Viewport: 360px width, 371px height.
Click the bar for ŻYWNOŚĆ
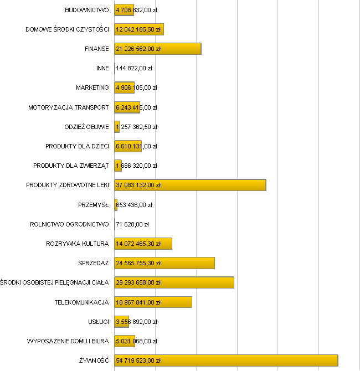coord(226,360)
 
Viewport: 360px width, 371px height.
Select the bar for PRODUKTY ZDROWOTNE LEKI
coord(190,185)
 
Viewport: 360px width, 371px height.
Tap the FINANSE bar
coord(158,49)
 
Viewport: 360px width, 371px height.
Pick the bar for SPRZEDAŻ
coord(164,263)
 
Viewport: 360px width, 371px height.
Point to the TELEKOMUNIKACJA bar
coord(153,302)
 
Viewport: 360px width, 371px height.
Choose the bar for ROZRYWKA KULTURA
coord(143,244)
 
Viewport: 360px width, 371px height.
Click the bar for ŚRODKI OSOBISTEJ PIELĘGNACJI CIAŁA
coord(174,282)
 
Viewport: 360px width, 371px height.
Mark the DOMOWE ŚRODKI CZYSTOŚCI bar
coord(139,29)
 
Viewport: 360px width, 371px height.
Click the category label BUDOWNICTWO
coord(86,10)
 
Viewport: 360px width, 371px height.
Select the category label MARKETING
coord(92,87)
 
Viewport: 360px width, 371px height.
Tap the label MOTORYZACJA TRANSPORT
coord(69,107)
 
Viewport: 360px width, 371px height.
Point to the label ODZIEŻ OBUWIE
coord(86,127)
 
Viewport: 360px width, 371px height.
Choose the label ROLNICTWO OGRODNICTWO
coord(69,224)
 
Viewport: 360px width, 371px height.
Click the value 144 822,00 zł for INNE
coord(134,69)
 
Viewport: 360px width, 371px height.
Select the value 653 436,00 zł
coord(134,205)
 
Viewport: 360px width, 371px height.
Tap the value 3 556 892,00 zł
coord(136,322)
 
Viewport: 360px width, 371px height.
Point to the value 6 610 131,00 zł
coord(136,146)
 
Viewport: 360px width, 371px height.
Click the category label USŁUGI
coord(98,322)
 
